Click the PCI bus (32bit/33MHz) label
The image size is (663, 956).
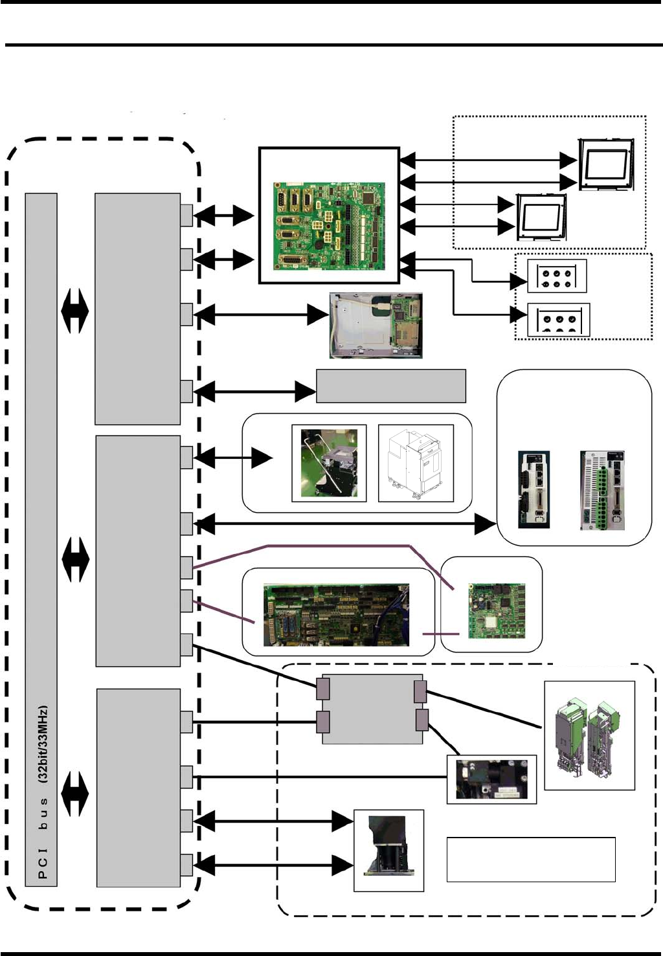pyautogui.click(x=42, y=792)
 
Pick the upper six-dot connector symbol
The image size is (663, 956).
pyautogui.click(x=557, y=277)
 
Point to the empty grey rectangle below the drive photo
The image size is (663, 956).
pyautogui.click(x=390, y=386)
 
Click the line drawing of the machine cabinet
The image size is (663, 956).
pyautogui.click(x=416, y=463)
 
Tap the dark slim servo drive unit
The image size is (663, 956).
pyautogui.click(x=534, y=490)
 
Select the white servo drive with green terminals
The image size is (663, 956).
pyautogui.click(x=602, y=490)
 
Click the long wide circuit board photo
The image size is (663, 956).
pyautogui.click(x=336, y=615)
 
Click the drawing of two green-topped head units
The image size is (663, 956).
pyautogui.click(x=589, y=735)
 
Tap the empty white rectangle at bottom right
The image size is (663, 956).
pyautogui.click(x=531, y=860)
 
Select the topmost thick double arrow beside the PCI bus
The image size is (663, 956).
pyautogui.click(x=74, y=311)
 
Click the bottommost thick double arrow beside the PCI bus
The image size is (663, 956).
pyautogui.click(x=76, y=794)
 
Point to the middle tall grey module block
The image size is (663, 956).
pyautogui.click(x=138, y=551)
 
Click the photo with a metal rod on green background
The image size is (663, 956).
pyautogui.click(x=329, y=463)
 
